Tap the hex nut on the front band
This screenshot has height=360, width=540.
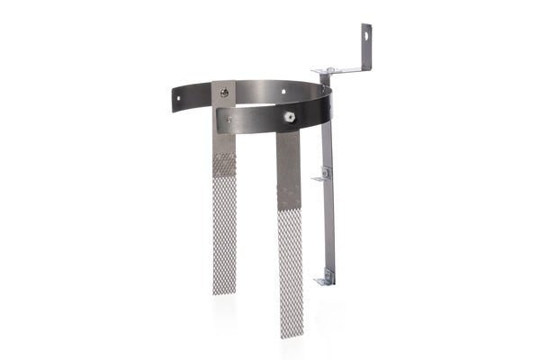point(288,116)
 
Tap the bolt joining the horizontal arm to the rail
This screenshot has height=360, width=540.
point(329,70)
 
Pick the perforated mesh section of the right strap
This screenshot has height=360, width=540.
point(291,270)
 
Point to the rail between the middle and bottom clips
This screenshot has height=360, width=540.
point(328,225)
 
